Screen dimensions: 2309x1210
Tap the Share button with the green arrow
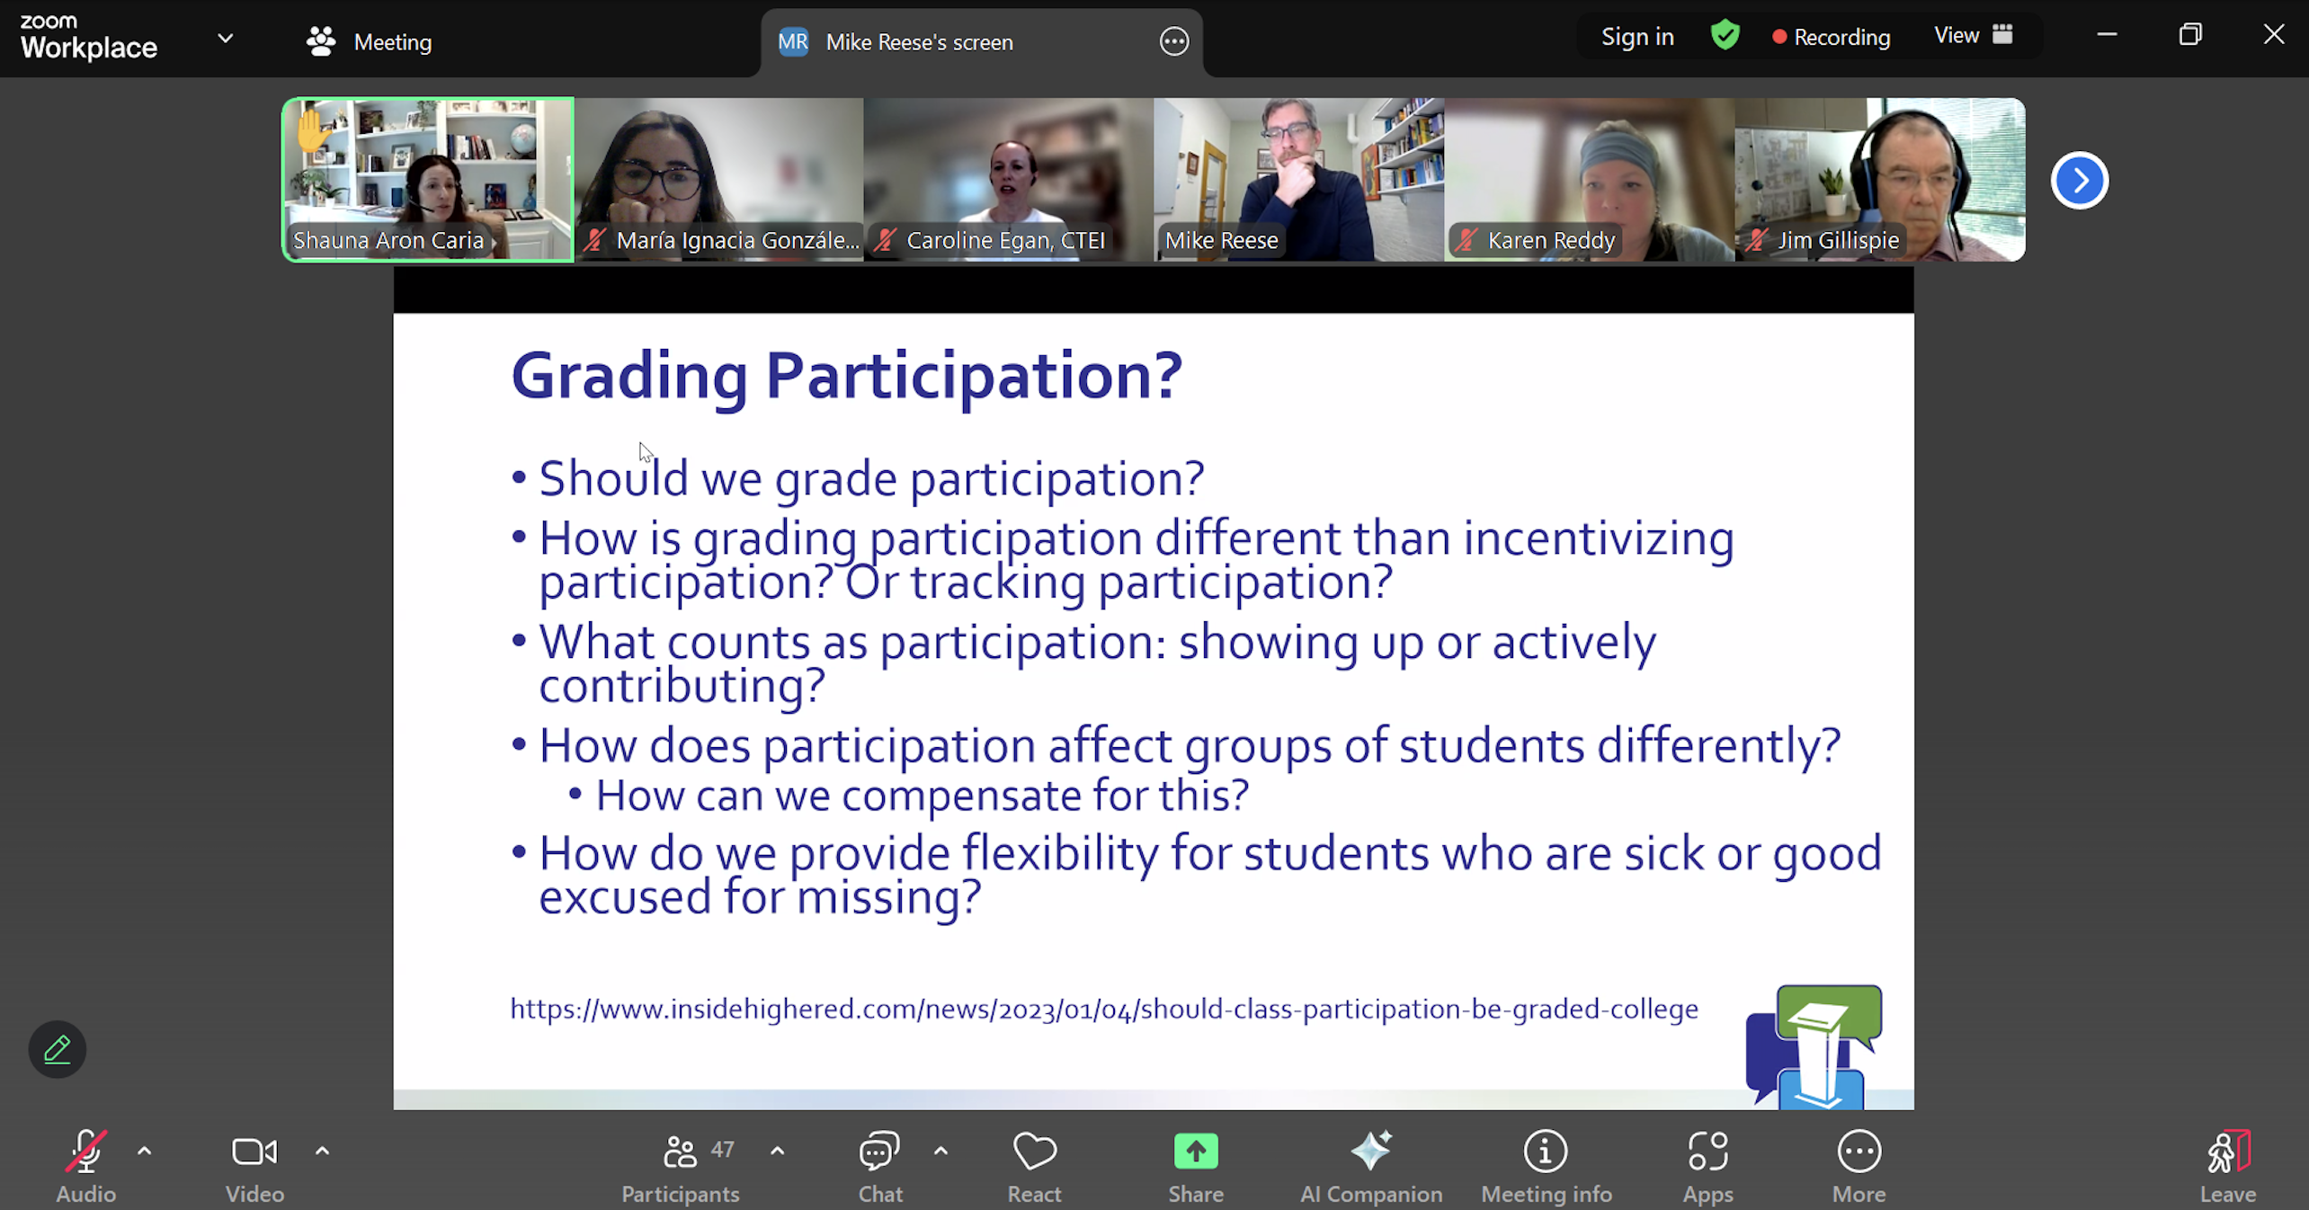click(1196, 1152)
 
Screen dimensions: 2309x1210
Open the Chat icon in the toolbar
click(879, 1152)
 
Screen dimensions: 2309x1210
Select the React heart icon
click(1035, 1152)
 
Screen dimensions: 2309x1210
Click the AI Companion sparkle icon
click(1371, 1151)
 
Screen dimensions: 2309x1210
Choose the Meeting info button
click(1546, 1152)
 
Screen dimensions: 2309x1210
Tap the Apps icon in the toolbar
click(1707, 1152)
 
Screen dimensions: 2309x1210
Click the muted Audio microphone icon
click(86, 1151)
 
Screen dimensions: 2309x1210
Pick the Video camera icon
click(254, 1152)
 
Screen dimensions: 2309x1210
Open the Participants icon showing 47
click(680, 1152)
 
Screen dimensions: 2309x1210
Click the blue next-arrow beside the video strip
click(2079, 181)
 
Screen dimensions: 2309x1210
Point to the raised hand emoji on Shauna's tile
click(312, 129)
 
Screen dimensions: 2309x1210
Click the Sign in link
click(1637, 37)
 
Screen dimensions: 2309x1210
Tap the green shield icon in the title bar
click(1725, 36)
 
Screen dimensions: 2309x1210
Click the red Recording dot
click(1779, 37)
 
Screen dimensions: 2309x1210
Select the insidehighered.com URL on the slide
click(1104, 1009)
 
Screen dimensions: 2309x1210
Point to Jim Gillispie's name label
click(1838, 240)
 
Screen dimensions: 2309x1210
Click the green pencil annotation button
click(57, 1049)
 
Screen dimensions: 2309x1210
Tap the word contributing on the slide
click(682, 687)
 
